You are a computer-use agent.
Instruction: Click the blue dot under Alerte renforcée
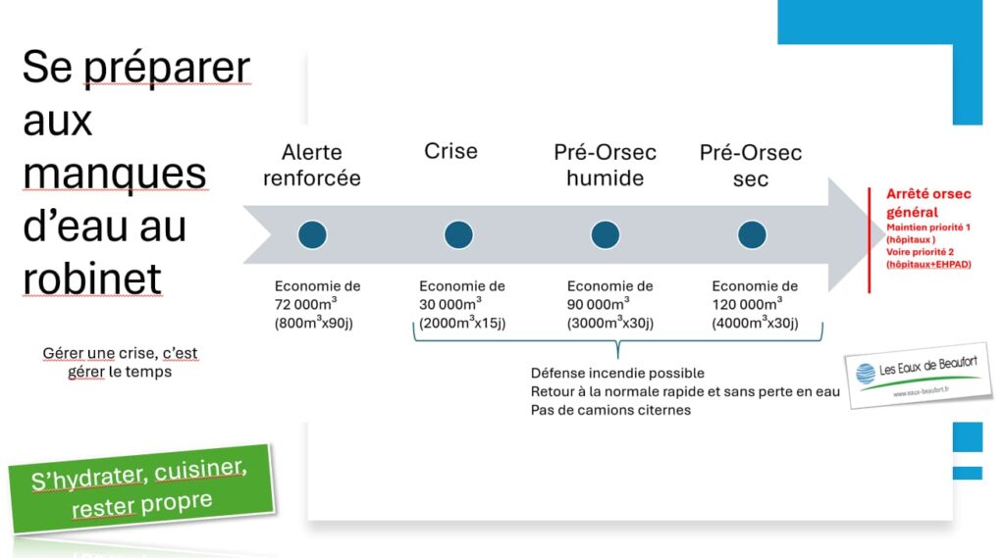[x=312, y=234]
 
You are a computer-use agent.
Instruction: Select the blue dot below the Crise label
[x=458, y=234]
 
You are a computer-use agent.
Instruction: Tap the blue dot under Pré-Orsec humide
[x=605, y=234]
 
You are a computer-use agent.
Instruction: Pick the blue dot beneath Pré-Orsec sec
[x=752, y=234]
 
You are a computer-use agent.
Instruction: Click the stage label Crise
[x=450, y=151]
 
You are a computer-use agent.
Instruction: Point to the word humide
[x=605, y=178]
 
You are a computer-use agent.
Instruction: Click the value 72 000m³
[x=305, y=304]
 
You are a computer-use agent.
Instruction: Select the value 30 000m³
[x=450, y=304]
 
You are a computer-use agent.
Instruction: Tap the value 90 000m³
[x=598, y=304]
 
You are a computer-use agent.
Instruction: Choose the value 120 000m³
[x=747, y=304]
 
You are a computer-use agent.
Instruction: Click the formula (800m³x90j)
[x=313, y=323]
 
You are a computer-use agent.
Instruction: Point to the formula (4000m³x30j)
[x=755, y=323]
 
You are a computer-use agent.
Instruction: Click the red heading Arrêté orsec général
[x=928, y=203]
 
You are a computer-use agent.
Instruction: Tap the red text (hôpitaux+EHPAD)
[x=928, y=264]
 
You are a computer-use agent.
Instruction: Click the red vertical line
[x=870, y=240]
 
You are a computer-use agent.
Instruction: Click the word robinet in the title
[x=92, y=279]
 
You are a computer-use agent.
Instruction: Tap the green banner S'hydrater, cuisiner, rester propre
[x=141, y=488]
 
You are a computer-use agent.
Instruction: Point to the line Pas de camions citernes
[x=610, y=410]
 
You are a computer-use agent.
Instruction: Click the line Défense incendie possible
[x=617, y=373]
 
